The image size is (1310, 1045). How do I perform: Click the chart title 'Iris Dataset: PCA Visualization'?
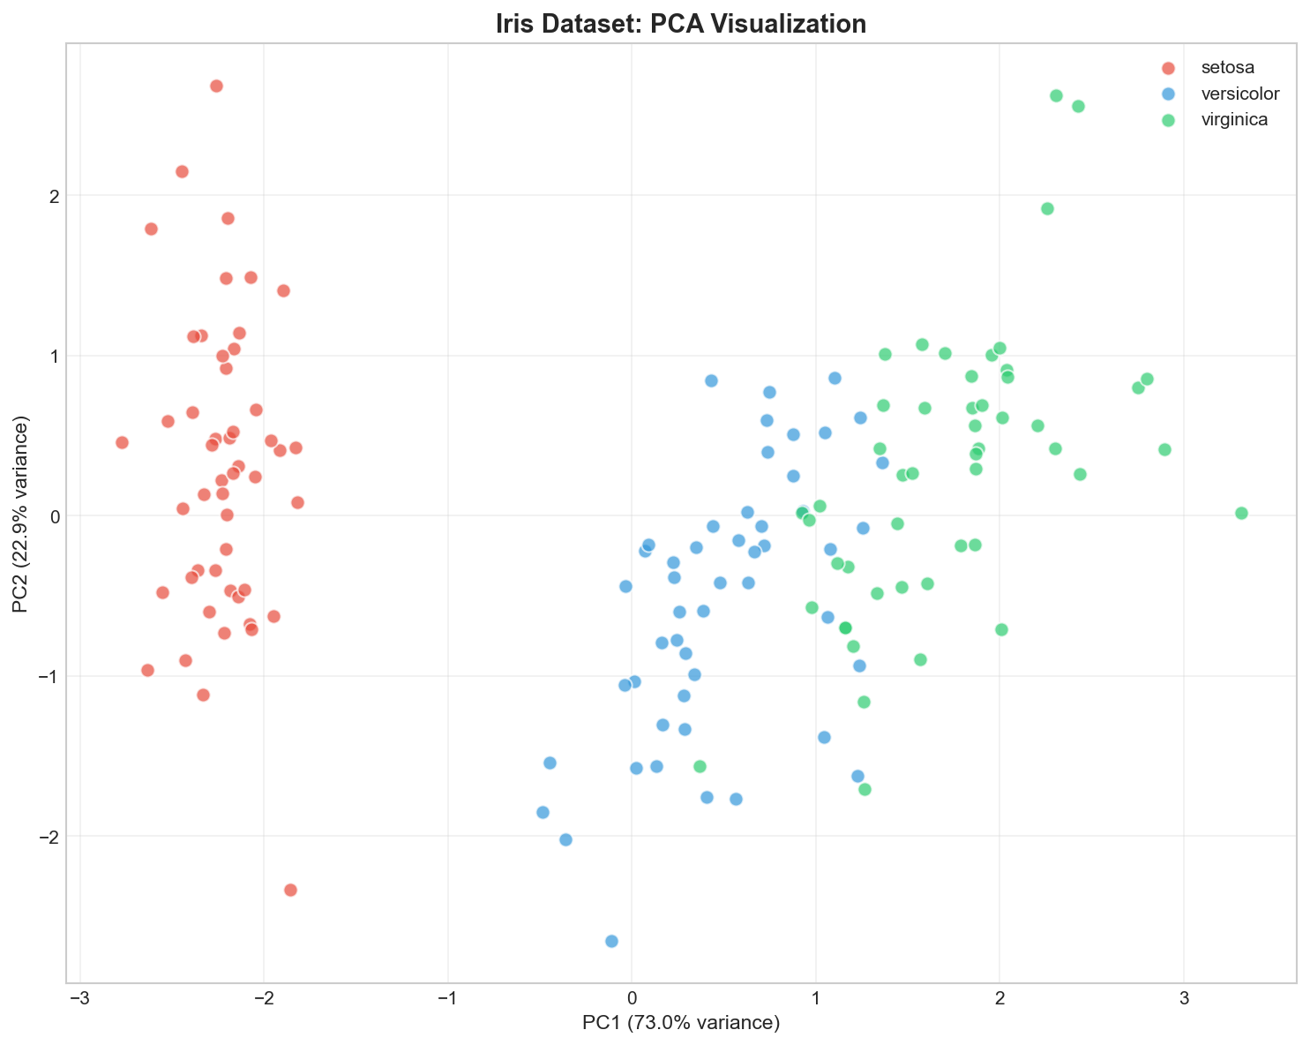(680, 24)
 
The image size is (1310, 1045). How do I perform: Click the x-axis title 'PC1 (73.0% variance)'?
(680, 1023)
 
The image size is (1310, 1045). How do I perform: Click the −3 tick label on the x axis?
(80, 997)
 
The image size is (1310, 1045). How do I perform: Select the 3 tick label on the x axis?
(1183, 997)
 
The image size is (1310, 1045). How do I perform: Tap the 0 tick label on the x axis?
(632, 997)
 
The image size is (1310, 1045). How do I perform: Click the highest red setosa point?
(216, 86)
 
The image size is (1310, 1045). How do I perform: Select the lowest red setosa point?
(290, 890)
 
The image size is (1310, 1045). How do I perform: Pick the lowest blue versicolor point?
(611, 941)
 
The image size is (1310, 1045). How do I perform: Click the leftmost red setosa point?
(122, 442)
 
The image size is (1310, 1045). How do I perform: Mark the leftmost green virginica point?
(700, 766)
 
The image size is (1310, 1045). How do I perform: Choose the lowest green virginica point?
(865, 789)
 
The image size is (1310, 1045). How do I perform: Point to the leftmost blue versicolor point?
(543, 812)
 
